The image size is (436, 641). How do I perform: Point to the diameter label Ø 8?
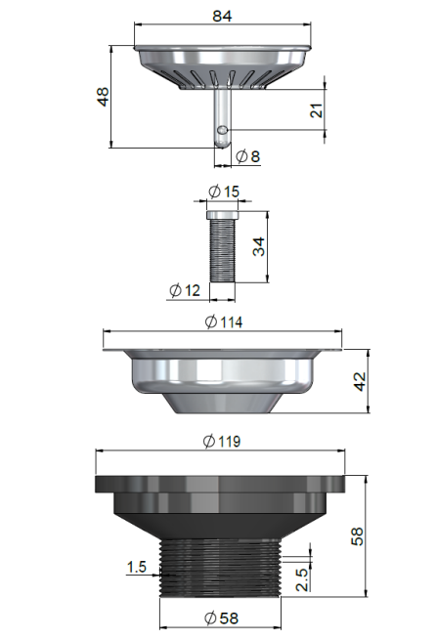coord(248,155)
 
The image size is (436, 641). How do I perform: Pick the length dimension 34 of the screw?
coord(259,245)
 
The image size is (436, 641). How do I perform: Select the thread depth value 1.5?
coord(137,566)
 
